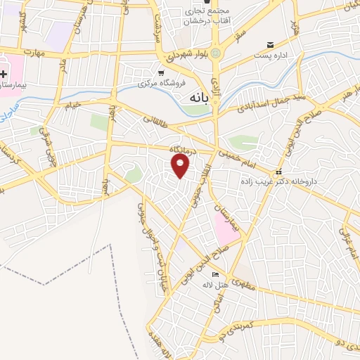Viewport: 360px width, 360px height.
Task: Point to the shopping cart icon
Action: (161, 72)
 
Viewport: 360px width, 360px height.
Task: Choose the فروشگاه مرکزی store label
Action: (160, 83)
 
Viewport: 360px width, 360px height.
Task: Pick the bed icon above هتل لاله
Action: (215, 274)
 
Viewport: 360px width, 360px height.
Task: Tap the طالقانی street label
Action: (159, 120)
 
